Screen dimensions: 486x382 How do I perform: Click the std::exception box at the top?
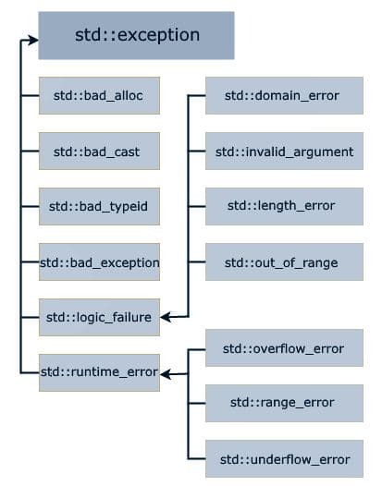pyautogui.click(x=137, y=36)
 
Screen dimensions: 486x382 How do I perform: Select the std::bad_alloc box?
pyautogui.click(x=100, y=95)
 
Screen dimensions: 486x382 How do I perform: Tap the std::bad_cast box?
pyautogui.click(x=100, y=151)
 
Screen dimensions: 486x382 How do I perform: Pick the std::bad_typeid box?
pyautogui.click(x=100, y=206)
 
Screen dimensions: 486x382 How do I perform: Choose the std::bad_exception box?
pyautogui.click(x=100, y=262)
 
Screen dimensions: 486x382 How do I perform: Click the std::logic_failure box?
pyautogui.click(x=100, y=318)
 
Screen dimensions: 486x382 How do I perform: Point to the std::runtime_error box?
pyautogui.click(x=100, y=372)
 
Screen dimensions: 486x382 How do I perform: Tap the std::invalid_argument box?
pyautogui.click(x=283, y=151)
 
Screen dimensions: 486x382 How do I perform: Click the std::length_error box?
pyautogui.click(x=283, y=206)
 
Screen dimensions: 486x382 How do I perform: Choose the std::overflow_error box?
pyautogui.click(x=283, y=348)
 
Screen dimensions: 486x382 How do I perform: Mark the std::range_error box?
pyautogui.click(x=283, y=402)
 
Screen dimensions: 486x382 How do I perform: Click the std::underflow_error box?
pyautogui.click(x=283, y=458)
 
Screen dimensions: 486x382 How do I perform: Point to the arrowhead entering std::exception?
pyautogui.click(x=32, y=40)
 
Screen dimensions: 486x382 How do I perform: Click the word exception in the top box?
pyautogui.click(x=162, y=36)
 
